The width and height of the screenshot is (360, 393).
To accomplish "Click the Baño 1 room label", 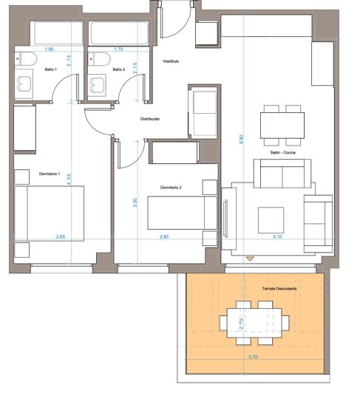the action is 51,69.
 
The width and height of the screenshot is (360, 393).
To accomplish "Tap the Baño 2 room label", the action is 119,69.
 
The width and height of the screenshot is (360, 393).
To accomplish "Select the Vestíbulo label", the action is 171,61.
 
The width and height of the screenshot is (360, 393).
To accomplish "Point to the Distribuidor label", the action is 150,119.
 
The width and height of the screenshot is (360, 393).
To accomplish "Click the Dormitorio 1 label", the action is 50,174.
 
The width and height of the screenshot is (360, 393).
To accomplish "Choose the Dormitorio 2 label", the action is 171,188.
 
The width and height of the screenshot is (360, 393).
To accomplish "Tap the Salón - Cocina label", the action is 282,152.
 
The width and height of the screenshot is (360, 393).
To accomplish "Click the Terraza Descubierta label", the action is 279,289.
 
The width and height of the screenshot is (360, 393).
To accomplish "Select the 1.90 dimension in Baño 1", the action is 50,49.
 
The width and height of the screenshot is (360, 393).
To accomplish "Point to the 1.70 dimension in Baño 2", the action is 118,49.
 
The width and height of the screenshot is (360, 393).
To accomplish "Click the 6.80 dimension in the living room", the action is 241,139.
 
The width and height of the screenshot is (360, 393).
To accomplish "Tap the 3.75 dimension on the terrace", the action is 253,357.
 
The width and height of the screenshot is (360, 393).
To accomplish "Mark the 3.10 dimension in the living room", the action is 277,236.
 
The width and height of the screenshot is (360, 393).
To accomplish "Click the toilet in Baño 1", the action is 26,59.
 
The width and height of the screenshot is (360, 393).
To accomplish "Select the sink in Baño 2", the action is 97,85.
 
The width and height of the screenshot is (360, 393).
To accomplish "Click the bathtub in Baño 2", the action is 119,33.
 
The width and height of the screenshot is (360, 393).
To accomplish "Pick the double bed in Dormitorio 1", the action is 50,213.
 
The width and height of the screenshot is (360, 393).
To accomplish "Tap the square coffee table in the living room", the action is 271,220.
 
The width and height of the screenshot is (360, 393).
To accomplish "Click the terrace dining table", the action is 254,323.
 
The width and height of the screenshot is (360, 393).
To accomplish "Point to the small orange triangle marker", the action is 250,259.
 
